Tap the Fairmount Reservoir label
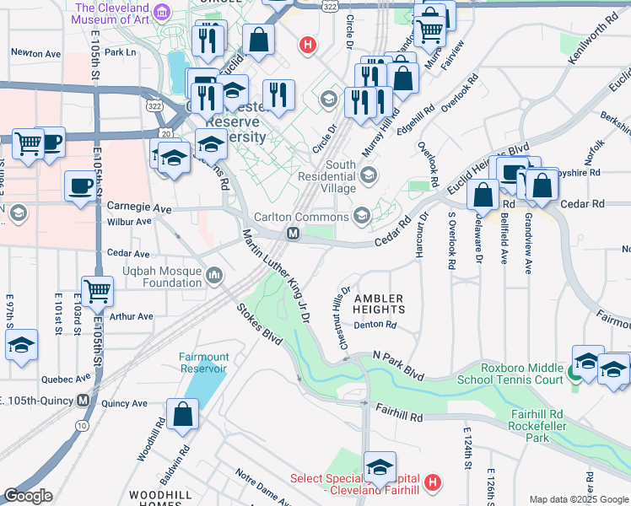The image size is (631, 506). pos(203,363)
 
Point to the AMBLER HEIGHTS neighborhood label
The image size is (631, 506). pos(380,304)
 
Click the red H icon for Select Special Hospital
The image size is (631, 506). pos(432,483)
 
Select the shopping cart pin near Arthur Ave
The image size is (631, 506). pos(98,293)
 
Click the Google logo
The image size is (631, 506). pos(28,496)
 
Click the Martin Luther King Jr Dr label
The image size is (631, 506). pos(277,276)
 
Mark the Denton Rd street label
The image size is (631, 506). pos(375,325)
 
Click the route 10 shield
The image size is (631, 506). pos(82,427)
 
